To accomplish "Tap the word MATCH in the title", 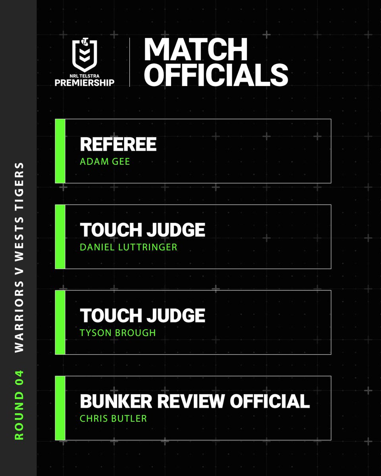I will pos(196,50).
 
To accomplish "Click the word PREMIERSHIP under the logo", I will pos(85,82).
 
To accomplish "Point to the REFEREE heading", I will pos(118,145).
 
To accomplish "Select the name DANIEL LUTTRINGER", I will pos(128,247).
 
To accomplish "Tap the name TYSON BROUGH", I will pos(117,333).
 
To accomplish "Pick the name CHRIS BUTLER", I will pos(113,418).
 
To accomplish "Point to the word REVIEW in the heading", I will pos(192,401).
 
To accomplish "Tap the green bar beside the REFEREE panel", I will pos(60,151).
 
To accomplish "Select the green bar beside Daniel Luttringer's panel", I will pos(60,236).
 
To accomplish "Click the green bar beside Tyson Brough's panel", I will pos(60,322).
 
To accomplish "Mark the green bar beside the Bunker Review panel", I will pos(60,408).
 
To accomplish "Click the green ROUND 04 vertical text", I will pos(19,404).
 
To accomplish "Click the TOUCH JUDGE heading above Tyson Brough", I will pos(142,316).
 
